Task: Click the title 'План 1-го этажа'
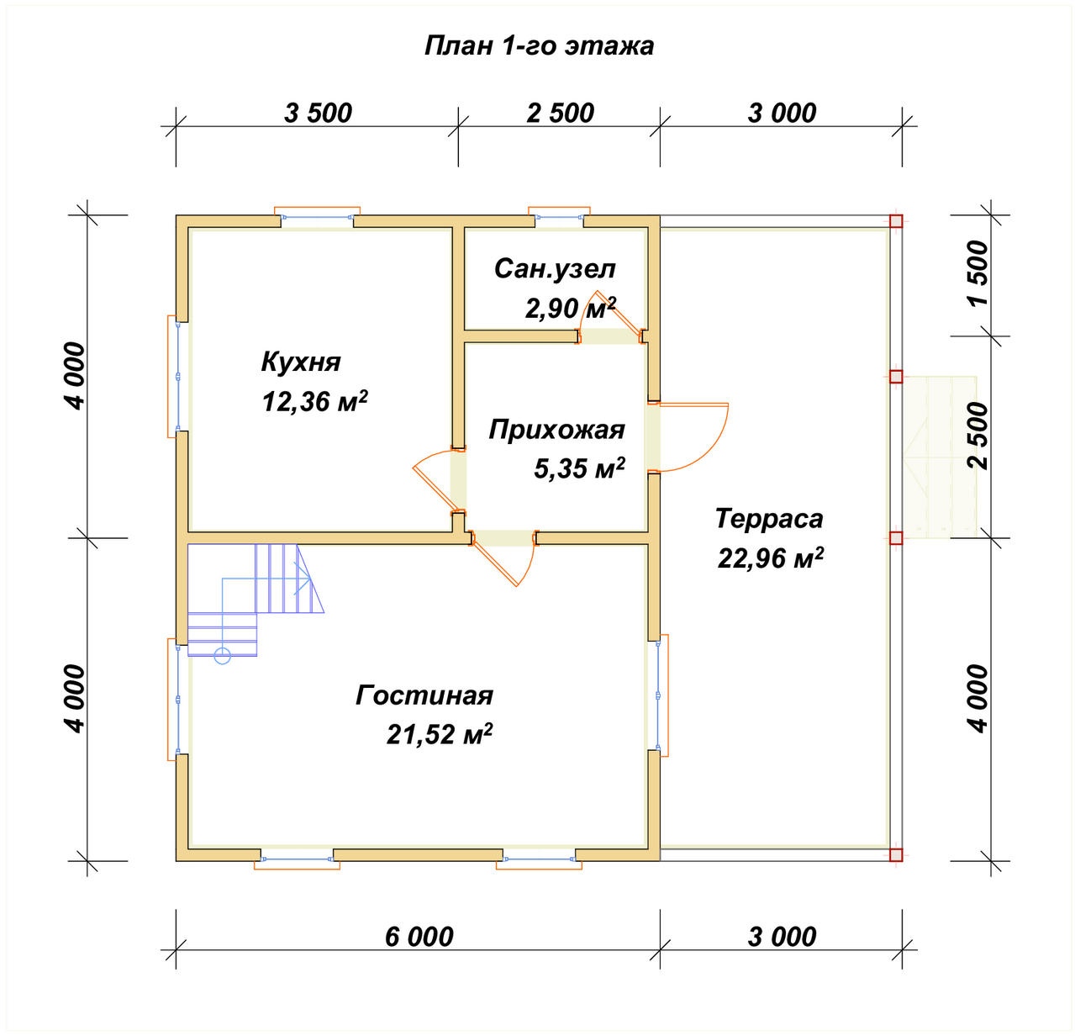tap(539, 46)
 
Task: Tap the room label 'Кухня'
tap(301, 362)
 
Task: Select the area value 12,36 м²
tap(315, 401)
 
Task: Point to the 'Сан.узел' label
tap(555, 269)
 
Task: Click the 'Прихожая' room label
tap(557, 431)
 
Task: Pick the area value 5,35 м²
tap(579, 468)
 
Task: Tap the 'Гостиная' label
tap(424, 695)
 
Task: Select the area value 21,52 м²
tap(440, 735)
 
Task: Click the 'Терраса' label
tap(769, 519)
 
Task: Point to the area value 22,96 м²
tap(771, 558)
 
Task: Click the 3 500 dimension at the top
tap(318, 114)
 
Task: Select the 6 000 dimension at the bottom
tap(419, 937)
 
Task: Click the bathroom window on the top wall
tap(559, 217)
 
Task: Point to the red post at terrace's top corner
tap(896, 221)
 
